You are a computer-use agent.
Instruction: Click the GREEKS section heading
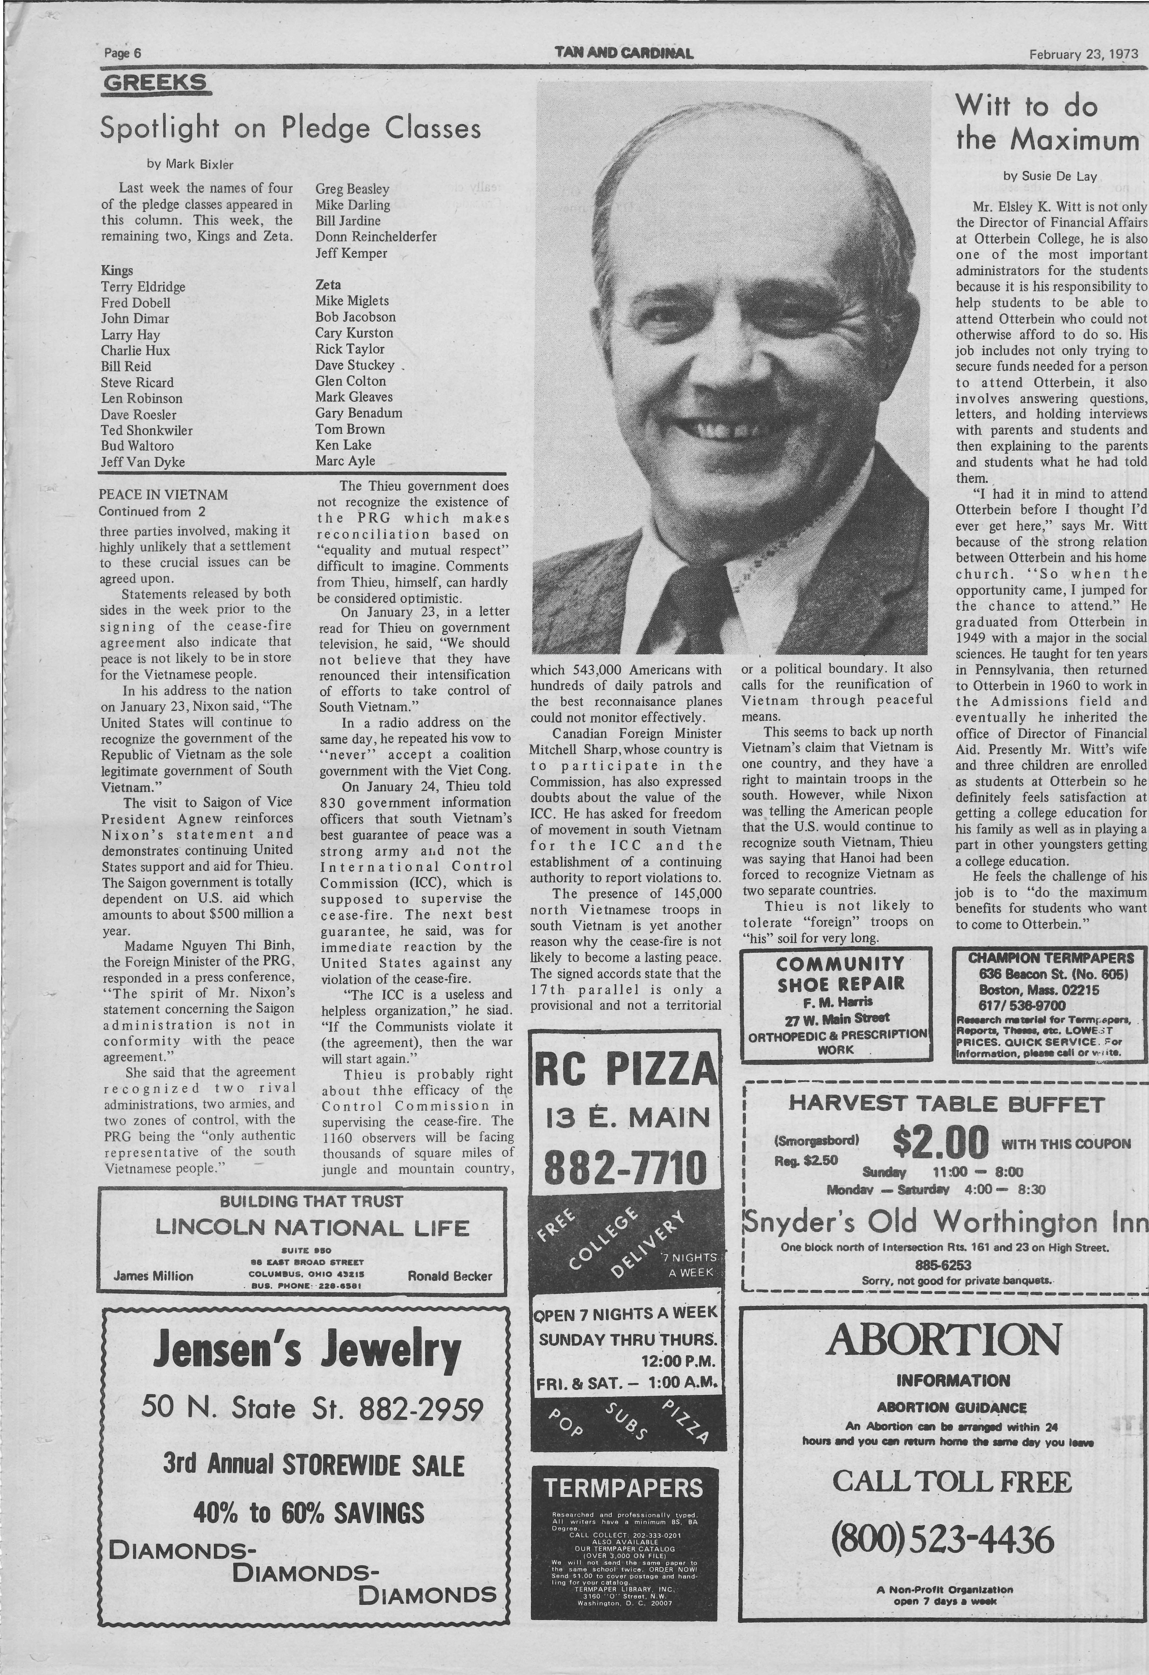click(155, 83)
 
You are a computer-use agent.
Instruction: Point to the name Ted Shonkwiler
click(146, 430)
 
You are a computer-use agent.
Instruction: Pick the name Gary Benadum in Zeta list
click(358, 413)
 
